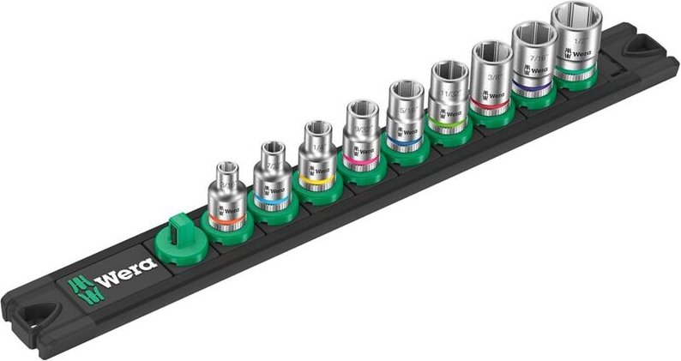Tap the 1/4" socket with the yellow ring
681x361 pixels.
tap(317, 158)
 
